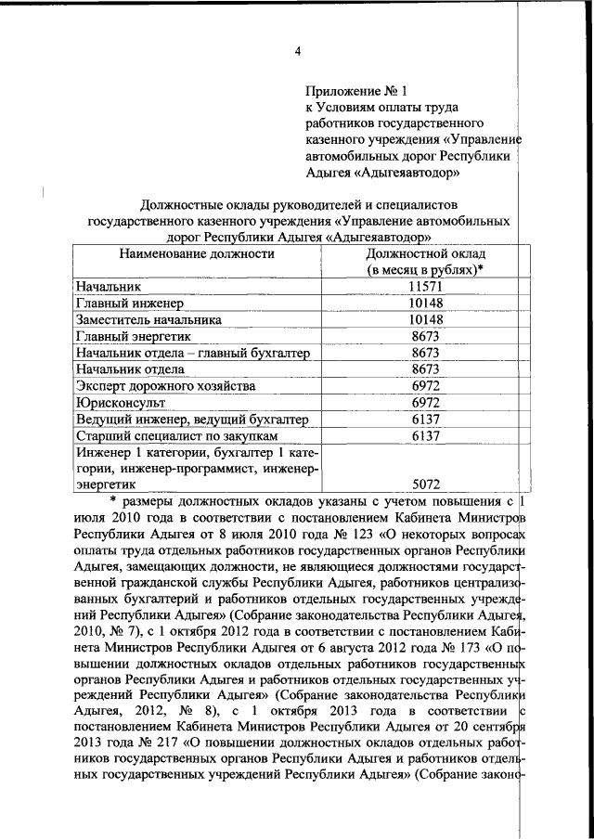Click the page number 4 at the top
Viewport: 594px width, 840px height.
[x=298, y=51]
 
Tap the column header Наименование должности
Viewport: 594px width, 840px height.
[x=197, y=252]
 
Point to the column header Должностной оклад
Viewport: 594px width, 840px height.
[x=426, y=252]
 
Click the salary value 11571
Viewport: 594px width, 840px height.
[x=426, y=287]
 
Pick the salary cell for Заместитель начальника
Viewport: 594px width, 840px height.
[x=426, y=319]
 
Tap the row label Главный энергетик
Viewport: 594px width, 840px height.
[x=138, y=336]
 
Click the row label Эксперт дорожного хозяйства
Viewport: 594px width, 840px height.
[x=165, y=385]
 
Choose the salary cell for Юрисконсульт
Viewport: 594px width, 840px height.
[x=426, y=402]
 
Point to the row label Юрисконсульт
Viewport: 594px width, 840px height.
[x=121, y=402]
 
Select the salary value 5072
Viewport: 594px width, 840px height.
[x=426, y=484]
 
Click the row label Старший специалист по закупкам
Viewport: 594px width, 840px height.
[x=176, y=434]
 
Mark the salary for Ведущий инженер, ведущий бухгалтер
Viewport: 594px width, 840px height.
[x=426, y=419]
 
